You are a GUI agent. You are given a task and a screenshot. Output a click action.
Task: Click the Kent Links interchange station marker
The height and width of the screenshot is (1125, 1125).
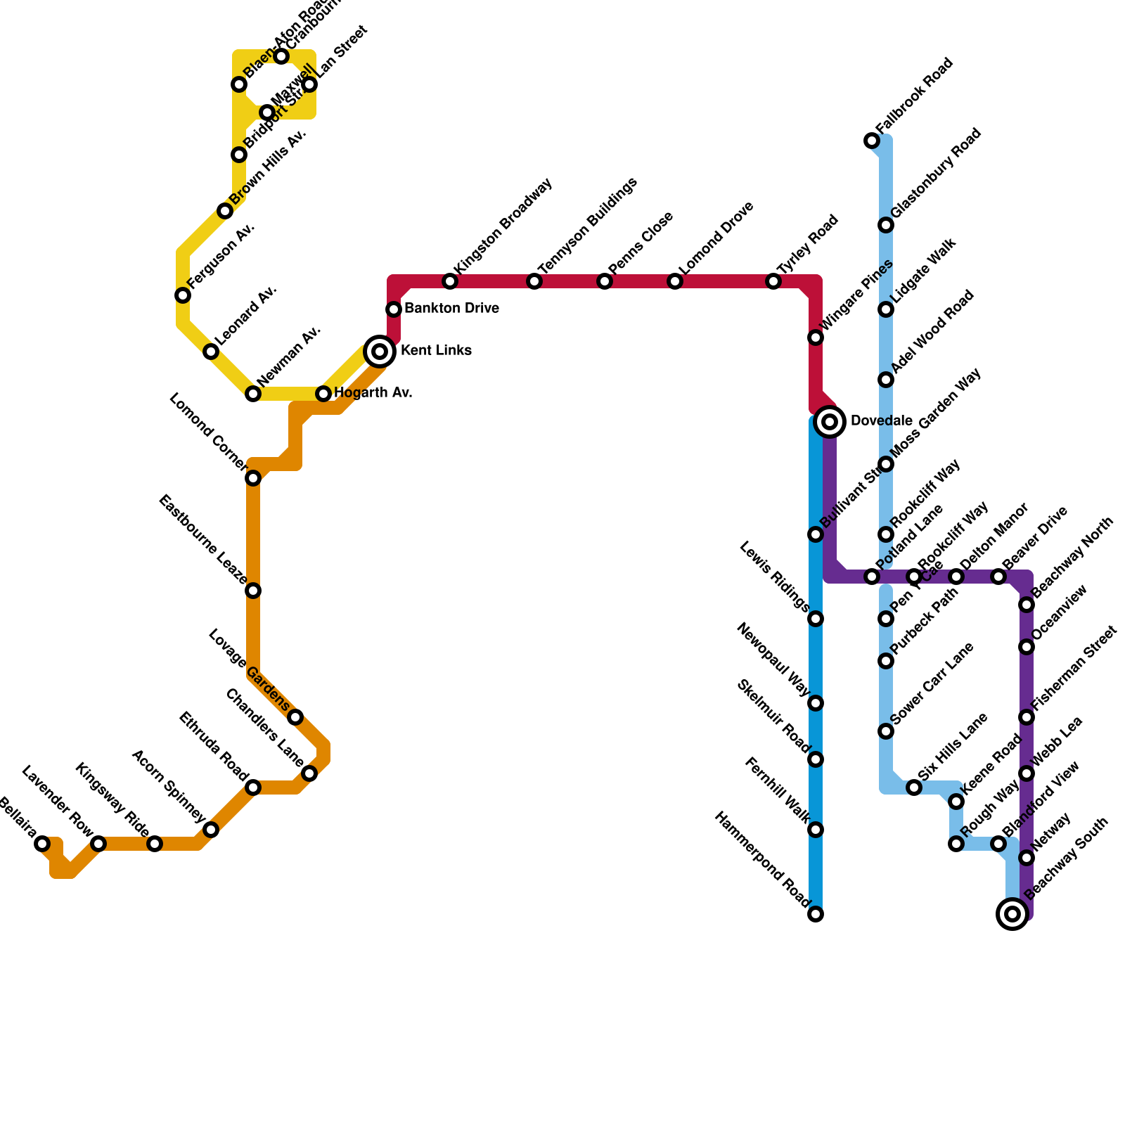pyautogui.click(x=380, y=352)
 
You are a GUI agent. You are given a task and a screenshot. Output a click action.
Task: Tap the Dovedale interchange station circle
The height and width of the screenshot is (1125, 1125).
pyautogui.click(x=830, y=422)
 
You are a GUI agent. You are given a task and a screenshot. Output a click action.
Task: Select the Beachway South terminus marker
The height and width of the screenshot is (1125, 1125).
pyautogui.click(x=1012, y=914)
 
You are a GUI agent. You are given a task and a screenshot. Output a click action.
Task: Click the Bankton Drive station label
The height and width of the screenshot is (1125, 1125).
pyautogui.click(x=451, y=309)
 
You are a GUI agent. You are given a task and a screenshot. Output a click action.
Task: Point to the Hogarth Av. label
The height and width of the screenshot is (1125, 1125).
pyautogui.click(x=373, y=393)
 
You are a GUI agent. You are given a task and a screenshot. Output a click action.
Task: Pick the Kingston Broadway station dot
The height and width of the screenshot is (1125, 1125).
pyautogui.click(x=450, y=281)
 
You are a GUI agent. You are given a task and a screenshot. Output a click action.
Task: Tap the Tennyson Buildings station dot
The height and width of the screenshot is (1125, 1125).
pyautogui.click(x=534, y=281)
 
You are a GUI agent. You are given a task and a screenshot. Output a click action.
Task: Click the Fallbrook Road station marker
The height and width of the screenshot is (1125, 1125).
pyautogui.click(x=872, y=141)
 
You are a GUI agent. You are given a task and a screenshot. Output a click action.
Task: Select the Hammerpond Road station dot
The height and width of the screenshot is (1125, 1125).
pyautogui.click(x=816, y=914)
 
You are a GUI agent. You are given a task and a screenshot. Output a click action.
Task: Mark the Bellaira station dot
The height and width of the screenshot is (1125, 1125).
pyautogui.click(x=42, y=844)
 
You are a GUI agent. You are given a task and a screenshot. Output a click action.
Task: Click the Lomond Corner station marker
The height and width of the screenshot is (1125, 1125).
pyautogui.click(x=253, y=478)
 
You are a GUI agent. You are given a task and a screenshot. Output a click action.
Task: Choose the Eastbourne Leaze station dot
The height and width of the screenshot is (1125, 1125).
pyautogui.click(x=253, y=591)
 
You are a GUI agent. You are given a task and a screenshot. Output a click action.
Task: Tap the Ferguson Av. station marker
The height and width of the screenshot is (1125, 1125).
pyautogui.click(x=183, y=295)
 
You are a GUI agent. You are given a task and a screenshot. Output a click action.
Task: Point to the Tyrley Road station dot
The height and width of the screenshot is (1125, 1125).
pyautogui.click(x=773, y=281)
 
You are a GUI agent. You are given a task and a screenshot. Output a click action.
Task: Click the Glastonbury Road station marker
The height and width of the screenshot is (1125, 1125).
pyautogui.click(x=886, y=225)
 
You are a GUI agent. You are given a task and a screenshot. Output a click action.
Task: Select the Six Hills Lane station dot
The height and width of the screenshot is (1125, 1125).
pyautogui.click(x=914, y=787)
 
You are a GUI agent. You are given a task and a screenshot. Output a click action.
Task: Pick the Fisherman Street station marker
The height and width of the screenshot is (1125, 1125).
pyautogui.click(x=1027, y=717)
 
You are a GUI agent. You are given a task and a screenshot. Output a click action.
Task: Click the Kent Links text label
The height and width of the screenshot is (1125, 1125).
pyautogui.click(x=436, y=351)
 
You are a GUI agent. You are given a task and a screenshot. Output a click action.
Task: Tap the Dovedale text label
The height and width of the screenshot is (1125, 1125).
pyautogui.click(x=881, y=421)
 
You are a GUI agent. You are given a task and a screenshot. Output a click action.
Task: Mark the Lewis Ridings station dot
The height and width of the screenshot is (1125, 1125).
pyautogui.click(x=816, y=619)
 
